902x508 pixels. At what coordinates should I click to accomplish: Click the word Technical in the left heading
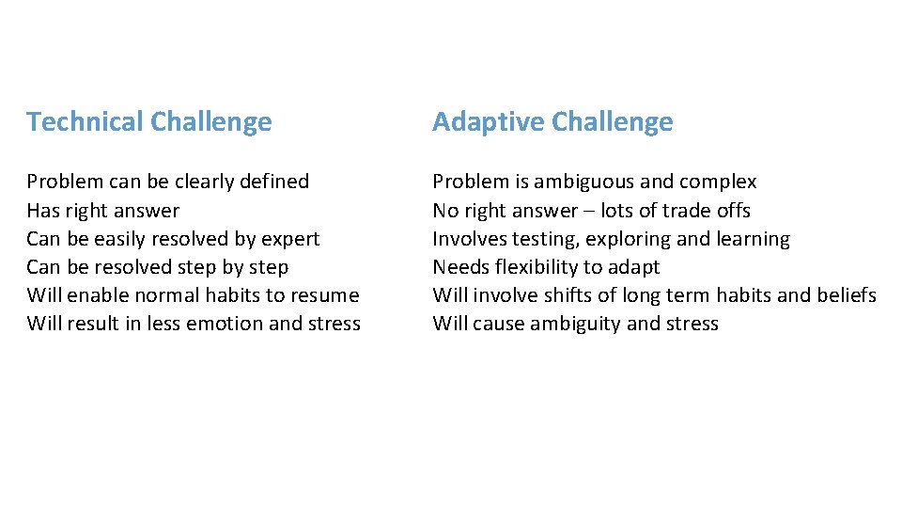(x=85, y=122)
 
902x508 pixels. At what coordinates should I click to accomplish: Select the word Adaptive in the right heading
(x=489, y=122)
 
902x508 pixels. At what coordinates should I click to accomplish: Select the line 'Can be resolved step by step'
(x=157, y=267)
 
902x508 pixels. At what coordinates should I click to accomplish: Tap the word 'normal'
(x=166, y=295)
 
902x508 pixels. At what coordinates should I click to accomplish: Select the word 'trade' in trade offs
(x=688, y=211)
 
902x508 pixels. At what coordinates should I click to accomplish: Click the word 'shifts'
(x=567, y=295)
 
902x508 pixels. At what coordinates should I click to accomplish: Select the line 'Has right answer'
(x=102, y=211)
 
